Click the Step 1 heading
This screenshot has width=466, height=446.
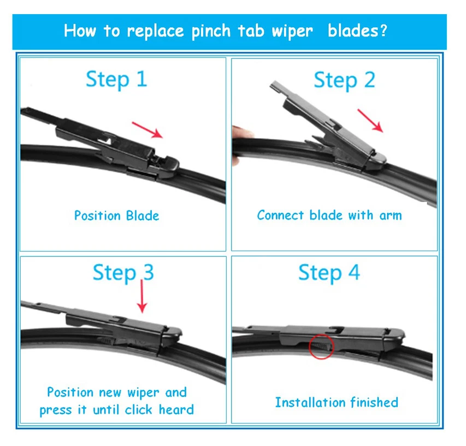pyautogui.click(x=116, y=79)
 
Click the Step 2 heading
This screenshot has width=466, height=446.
pyautogui.click(x=344, y=80)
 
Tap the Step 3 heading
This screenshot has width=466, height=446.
pyautogui.click(x=123, y=272)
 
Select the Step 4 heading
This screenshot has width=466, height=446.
pyautogui.click(x=329, y=272)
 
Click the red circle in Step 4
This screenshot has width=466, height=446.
pyautogui.click(x=321, y=346)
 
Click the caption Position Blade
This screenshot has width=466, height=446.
pyautogui.click(x=116, y=215)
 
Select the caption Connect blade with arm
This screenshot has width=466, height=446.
pyautogui.click(x=329, y=215)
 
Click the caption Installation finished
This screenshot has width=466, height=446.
pyautogui.click(x=336, y=402)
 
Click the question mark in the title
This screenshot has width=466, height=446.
pyautogui.click(x=382, y=30)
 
